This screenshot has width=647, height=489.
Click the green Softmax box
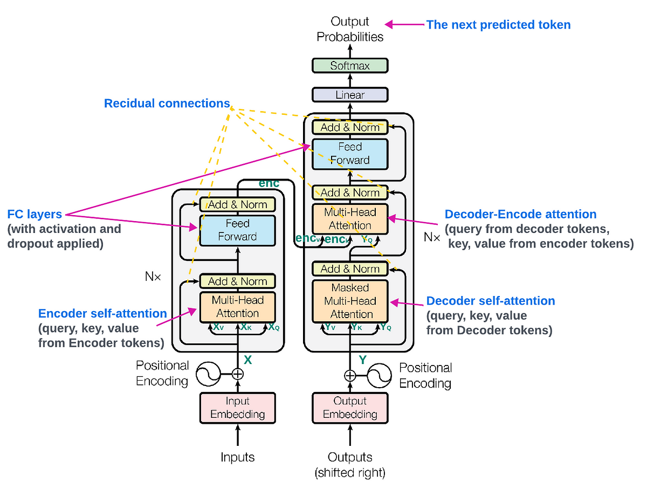(350, 66)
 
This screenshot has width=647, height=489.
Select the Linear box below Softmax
(350, 95)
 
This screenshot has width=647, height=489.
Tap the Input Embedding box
(237, 408)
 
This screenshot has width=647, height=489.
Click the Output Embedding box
(350, 408)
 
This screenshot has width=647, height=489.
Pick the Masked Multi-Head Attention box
(350, 301)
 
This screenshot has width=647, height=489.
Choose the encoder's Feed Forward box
(237, 230)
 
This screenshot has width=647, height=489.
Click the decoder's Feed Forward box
(350, 154)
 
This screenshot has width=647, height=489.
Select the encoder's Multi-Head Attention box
(237, 307)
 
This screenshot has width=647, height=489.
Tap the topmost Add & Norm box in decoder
(350, 127)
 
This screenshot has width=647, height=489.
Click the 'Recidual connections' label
(167, 104)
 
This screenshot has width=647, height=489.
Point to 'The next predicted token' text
(498, 25)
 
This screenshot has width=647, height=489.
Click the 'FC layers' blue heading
(35, 214)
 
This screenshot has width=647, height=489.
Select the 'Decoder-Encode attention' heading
(520, 215)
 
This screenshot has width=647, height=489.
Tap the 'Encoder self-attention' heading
(102, 313)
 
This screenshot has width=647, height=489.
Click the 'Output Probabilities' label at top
(350, 29)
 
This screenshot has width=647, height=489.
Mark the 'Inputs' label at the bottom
(237, 458)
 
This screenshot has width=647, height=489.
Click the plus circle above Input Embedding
(238, 374)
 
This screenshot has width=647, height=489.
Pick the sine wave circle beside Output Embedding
(379, 375)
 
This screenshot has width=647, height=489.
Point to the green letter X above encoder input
(248, 359)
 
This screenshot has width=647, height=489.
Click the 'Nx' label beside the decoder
(432, 237)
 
